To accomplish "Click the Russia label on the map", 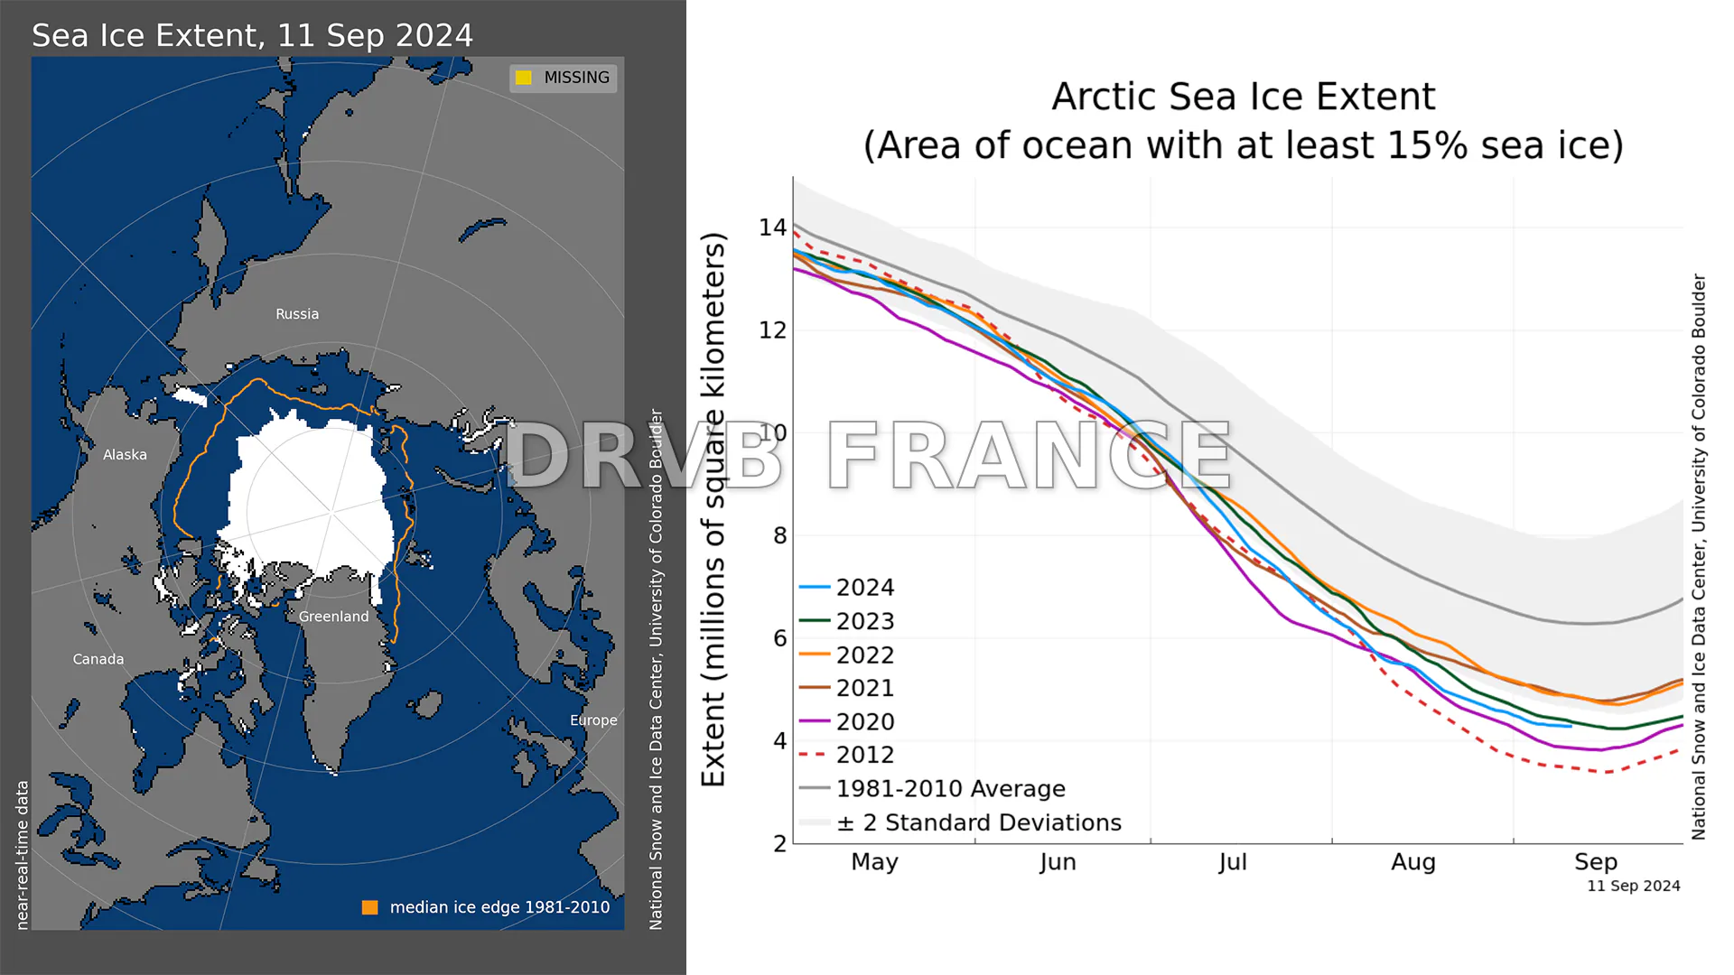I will [x=297, y=314].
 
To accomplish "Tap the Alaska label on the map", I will [x=125, y=455].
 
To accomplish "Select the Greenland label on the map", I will [x=333, y=617].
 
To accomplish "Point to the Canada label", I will [x=98, y=659].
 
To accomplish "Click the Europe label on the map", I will [x=593, y=720].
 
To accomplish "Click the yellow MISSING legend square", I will [x=524, y=78].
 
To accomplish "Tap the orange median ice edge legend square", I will [x=370, y=907].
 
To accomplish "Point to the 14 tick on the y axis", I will [x=772, y=227].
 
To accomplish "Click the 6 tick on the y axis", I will [x=779, y=638].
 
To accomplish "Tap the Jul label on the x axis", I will [x=1232, y=862].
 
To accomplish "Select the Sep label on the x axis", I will [x=1595, y=862].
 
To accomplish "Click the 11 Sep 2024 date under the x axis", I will [x=1633, y=887].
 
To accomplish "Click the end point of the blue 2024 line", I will [x=1571, y=726].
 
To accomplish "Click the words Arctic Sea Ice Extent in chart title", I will [x=1243, y=97].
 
